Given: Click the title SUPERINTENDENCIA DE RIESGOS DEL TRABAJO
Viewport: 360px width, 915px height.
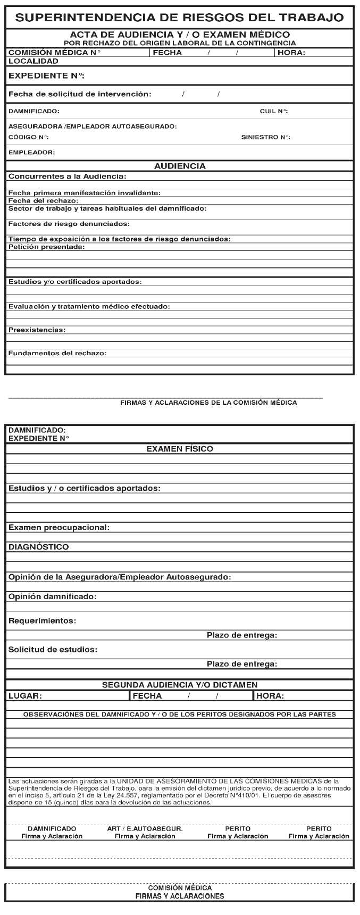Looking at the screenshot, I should (180, 18).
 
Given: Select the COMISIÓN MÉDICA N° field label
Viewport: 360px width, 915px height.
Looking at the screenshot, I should (54, 53).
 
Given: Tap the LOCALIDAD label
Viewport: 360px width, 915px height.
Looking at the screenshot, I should (34, 61).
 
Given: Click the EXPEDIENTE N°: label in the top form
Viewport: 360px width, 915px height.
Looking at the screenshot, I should (47, 76).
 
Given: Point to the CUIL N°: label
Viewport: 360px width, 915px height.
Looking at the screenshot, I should (274, 112).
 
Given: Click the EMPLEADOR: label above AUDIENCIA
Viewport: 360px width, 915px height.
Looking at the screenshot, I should (32, 153).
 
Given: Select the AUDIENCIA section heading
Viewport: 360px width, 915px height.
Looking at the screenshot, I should (180, 166).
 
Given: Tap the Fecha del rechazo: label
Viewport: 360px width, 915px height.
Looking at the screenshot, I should (44, 201).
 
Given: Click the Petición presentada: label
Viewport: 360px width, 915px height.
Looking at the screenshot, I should (47, 247).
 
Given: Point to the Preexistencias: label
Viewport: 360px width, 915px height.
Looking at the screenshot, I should (37, 330).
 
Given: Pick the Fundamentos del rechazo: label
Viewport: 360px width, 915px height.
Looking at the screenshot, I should (57, 353).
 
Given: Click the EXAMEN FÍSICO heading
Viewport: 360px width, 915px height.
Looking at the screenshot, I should (180, 449).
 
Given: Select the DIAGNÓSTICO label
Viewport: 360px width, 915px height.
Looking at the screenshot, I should (39, 547).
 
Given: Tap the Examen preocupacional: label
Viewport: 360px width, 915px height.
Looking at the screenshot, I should (59, 527).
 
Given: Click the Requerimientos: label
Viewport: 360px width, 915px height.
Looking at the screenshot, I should (43, 621).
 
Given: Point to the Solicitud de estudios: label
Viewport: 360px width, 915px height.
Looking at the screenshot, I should (53, 650).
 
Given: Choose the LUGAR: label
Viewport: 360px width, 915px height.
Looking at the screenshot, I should (26, 696).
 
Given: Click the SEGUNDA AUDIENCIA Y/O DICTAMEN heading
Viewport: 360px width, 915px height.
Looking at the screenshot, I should (180, 685).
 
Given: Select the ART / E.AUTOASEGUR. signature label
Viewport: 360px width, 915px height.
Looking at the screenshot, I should (145, 829).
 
